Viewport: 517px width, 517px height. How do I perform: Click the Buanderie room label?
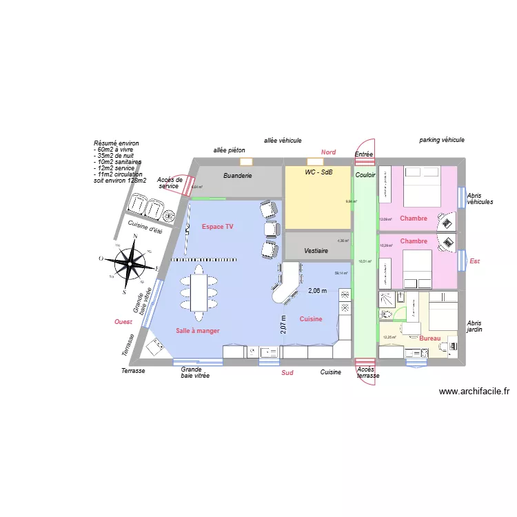tap(237, 176)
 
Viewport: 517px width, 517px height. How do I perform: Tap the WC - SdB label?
tap(318, 172)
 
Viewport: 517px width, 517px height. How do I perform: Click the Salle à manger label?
tap(197, 331)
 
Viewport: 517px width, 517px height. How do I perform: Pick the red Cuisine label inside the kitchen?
tap(311, 319)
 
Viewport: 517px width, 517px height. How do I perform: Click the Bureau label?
tap(429, 338)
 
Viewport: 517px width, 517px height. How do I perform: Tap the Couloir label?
tap(365, 176)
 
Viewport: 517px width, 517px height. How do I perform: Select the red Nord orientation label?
tap(328, 152)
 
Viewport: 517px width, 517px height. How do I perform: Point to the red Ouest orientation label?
tap(123, 322)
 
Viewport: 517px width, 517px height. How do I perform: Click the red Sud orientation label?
tap(287, 373)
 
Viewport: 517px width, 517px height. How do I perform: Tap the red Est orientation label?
tap(474, 261)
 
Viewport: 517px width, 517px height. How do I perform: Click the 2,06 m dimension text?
tap(318, 291)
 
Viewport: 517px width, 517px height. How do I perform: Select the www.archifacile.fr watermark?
tap(474, 392)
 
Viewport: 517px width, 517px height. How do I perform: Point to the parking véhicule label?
tap(441, 140)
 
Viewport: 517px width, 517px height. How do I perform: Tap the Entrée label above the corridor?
tap(363, 155)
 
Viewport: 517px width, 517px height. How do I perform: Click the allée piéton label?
tap(229, 150)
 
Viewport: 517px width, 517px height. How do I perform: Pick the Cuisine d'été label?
tap(145, 225)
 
